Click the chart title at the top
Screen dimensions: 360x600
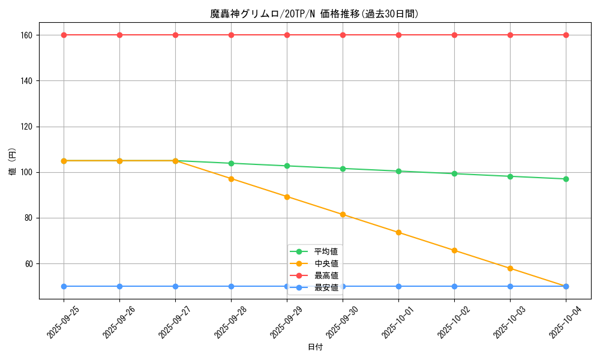click(x=314, y=14)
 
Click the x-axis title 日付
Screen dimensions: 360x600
click(x=315, y=347)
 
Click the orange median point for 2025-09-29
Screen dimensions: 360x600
click(x=287, y=197)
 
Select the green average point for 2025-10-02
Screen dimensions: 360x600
click(x=454, y=173)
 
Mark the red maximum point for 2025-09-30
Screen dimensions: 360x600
click(x=343, y=35)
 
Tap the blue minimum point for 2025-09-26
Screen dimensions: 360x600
click(x=119, y=286)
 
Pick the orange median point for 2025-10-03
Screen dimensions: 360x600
click(x=510, y=268)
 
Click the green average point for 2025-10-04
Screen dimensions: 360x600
click(x=566, y=179)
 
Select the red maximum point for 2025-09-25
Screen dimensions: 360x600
click(x=64, y=35)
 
